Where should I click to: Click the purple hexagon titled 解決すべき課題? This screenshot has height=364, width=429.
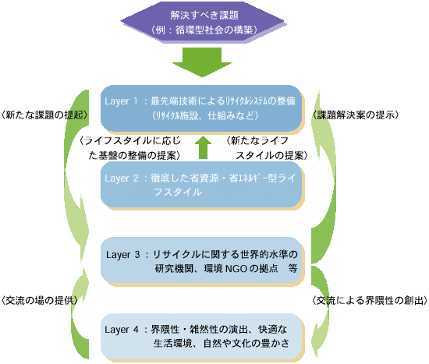coord(204,22)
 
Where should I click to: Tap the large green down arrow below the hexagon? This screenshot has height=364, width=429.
coord(202,62)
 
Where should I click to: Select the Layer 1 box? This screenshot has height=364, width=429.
coord(203,109)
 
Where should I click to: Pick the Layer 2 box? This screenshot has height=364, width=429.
coord(203,186)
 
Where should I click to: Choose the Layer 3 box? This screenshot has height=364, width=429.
coord(203,261)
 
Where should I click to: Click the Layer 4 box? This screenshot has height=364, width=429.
coord(203,337)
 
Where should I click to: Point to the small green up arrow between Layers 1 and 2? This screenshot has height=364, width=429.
coord(203,147)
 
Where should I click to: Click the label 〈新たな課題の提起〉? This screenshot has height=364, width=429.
coord(44,115)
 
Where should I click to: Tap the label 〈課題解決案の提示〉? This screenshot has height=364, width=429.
coord(356,115)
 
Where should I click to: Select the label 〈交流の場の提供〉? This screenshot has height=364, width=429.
coord(40,300)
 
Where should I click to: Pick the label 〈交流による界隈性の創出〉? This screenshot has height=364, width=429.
coord(370,300)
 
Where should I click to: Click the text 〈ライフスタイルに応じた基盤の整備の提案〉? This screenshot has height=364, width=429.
coord(130,148)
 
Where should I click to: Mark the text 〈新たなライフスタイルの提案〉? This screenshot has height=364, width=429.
coord(267,148)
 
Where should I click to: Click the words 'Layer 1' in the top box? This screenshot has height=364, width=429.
coord(121,101)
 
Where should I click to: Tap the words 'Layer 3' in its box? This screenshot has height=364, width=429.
coord(122,255)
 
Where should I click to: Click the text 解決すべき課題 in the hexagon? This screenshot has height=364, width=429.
coord(204,15)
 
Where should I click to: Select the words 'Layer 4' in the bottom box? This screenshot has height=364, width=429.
coord(122,330)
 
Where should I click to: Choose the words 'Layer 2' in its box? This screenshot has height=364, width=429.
coord(122,178)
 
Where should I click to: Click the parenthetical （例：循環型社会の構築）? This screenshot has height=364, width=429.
coord(204,30)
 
